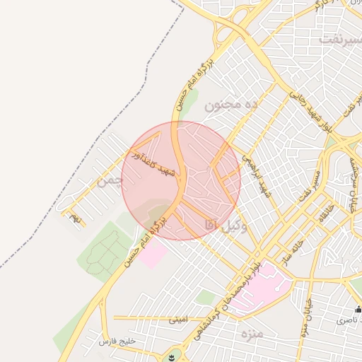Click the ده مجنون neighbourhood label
click(x=233, y=105)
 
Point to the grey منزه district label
click(x=251, y=332)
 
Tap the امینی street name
click(x=178, y=320)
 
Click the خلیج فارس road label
click(x=117, y=341)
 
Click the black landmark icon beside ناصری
click(x=358, y=309)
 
